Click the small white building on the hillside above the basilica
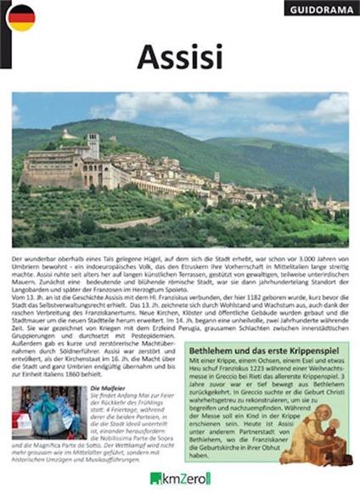67,134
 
